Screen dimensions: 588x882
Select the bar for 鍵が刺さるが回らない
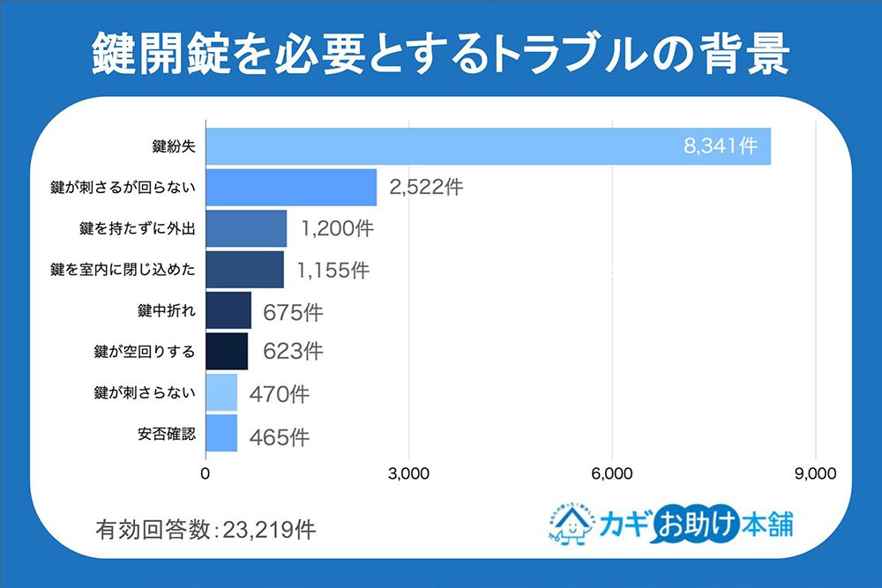291,187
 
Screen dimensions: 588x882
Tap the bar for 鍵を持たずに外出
246,228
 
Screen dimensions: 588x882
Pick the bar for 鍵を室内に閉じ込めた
244,270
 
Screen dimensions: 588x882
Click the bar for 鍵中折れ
228,310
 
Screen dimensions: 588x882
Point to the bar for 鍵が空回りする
227,351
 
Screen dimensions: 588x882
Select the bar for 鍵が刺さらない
221,392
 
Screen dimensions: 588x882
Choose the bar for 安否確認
221,434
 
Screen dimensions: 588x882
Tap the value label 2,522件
426,188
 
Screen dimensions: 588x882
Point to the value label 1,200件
337,229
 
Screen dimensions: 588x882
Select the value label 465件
279,435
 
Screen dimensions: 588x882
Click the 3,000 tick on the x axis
408,473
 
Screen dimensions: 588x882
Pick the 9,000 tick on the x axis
815,473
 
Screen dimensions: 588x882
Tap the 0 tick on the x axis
206,473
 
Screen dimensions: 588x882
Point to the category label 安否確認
167,434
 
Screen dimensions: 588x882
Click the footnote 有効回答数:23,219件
205,530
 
